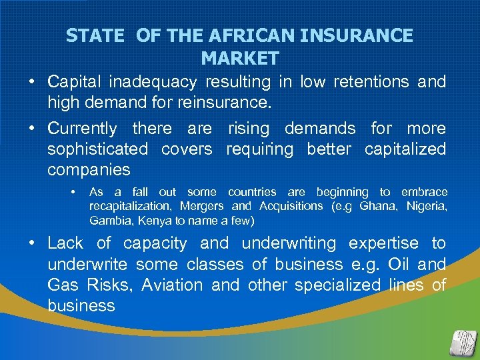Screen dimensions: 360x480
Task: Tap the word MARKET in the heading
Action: (240, 59)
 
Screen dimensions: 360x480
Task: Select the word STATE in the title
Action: (95, 35)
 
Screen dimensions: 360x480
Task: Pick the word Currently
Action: (81, 128)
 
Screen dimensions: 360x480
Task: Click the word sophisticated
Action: (97, 149)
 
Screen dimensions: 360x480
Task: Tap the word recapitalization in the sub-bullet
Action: (131, 206)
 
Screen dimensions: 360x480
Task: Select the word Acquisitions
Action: (290, 206)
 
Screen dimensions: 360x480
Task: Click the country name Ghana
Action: (377, 206)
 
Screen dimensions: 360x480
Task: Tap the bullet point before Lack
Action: (32, 243)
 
